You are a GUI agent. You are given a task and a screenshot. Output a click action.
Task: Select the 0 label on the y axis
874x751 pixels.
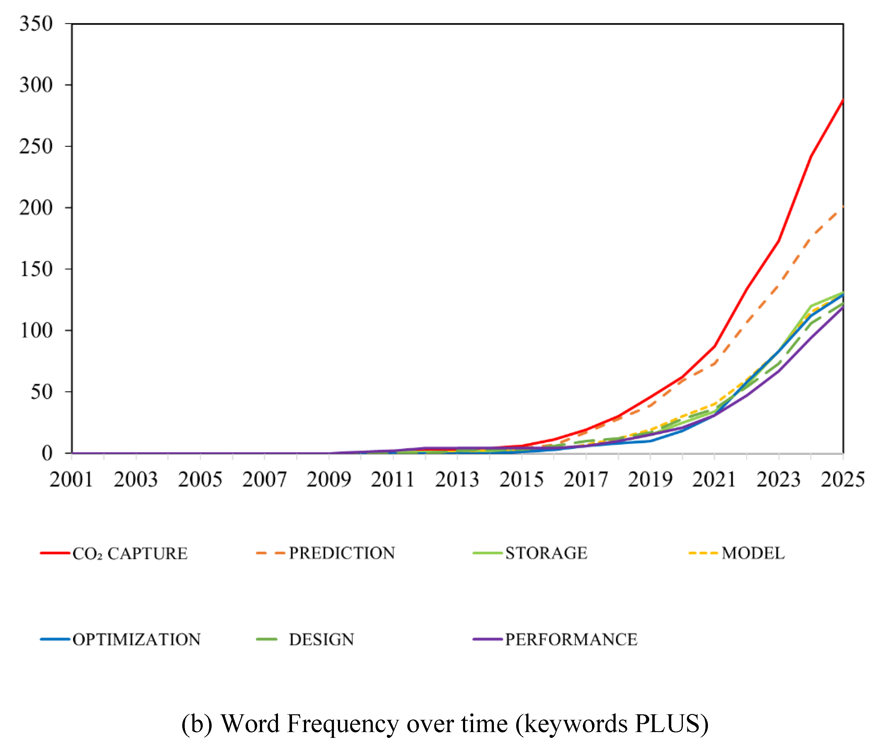click(x=47, y=453)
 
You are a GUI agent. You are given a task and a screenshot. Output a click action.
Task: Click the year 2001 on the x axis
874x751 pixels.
click(x=71, y=480)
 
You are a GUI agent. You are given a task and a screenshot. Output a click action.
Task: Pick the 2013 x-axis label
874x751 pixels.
click(x=457, y=480)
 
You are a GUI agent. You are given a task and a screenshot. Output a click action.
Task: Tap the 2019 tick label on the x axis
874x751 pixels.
click(x=650, y=480)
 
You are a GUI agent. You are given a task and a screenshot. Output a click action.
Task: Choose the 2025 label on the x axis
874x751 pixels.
click(x=843, y=480)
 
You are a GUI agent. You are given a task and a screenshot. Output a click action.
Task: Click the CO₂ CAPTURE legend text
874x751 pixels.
click(x=130, y=554)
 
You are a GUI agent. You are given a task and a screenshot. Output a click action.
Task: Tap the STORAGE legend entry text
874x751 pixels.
click(x=546, y=553)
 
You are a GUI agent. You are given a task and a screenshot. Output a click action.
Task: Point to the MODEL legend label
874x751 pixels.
click(x=753, y=553)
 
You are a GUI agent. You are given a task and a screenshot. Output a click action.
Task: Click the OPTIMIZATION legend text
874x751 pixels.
click(x=137, y=640)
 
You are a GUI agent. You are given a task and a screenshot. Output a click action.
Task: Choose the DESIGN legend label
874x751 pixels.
click(x=321, y=640)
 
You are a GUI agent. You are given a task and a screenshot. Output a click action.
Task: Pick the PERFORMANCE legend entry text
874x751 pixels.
click(x=571, y=640)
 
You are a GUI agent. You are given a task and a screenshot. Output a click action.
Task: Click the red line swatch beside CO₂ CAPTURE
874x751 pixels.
click(x=55, y=552)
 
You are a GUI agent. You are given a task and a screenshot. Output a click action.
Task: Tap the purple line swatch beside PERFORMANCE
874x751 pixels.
click(x=487, y=639)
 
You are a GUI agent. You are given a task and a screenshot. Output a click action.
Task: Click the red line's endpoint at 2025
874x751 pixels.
click(x=843, y=100)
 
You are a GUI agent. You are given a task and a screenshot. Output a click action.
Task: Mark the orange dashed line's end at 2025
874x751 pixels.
click(x=843, y=207)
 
